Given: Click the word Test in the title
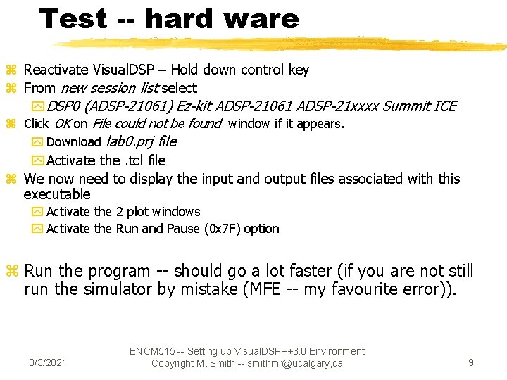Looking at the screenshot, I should [73, 18].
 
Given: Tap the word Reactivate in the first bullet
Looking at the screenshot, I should [56, 70].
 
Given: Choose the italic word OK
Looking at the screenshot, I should [62, 125].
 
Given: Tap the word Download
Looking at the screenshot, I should [74, 142].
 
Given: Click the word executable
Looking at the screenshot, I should [57, 194].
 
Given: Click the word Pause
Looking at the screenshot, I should [183, 229].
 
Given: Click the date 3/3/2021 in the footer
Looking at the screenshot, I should [48, 362].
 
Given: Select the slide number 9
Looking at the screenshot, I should [471, 362].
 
